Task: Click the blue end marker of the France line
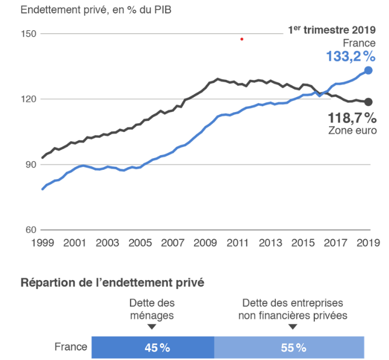(x=368, y=70)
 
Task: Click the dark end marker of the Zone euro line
(x=368, y=102)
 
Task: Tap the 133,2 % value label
(x=351, y=56)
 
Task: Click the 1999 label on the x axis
(x=42, y=242)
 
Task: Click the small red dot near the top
(x=241, y=39)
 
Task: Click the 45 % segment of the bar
(x=153, y=347)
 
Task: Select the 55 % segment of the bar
(x=290, y=347)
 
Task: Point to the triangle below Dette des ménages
(x=152, y=327)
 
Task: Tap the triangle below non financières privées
(x=292, y=327)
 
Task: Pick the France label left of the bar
(x=71, y=347)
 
